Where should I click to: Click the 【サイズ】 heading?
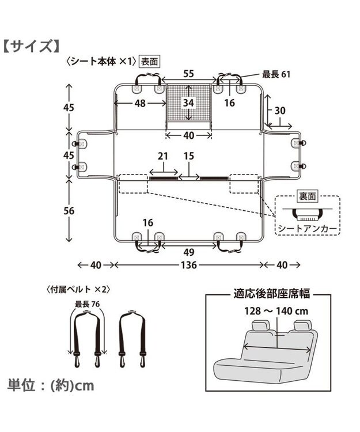click(x=33, y=46)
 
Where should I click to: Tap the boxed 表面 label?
click(x=149, y=60)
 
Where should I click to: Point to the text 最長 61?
click(x=278, y=74)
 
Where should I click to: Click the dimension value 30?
click(x=281, y=111)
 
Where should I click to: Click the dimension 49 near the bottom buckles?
click(x=188, y=251)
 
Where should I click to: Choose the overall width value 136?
click(x=188, y=265)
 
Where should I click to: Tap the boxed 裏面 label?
click(x=307, y=196)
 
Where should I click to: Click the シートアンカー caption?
click(x=307, y=229)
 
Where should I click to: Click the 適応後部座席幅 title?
click(x=272, y=294)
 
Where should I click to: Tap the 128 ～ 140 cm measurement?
click(x=272, y=311)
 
